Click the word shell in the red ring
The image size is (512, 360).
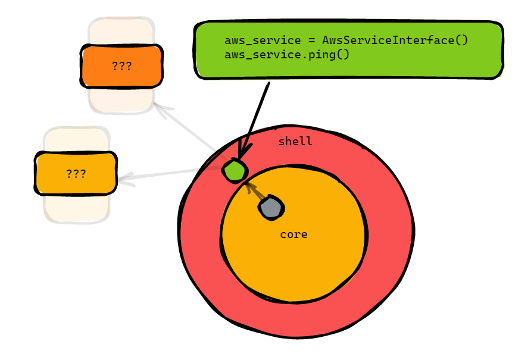[295, 142]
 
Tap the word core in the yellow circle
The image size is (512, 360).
[294, 234]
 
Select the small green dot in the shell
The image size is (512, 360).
[235, 171]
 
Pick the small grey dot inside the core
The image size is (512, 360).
[271, 208]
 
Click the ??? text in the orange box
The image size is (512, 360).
[122, 66]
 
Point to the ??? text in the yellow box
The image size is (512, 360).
[76, 174]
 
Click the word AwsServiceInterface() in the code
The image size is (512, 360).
[395, 40]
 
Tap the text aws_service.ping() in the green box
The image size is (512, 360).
[287, 55]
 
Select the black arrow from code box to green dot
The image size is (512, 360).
[254, 121]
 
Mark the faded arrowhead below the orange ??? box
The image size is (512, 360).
[163, 110]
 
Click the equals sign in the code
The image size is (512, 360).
[312, 40]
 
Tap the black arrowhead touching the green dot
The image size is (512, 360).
[244, 152]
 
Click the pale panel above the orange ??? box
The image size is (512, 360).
[121, 31]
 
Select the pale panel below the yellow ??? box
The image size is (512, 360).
[76, 209]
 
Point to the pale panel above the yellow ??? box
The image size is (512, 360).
[76, 140]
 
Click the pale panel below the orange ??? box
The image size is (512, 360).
[121, 101]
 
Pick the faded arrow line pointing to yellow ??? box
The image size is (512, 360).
[170, 173]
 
